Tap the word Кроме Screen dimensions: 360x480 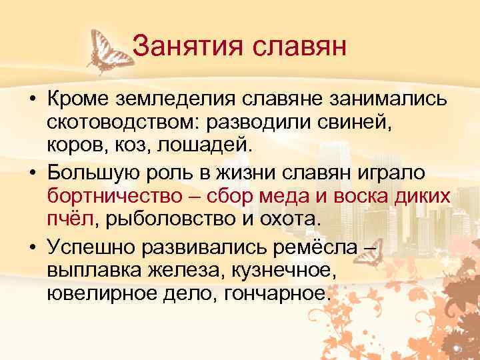79,101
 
